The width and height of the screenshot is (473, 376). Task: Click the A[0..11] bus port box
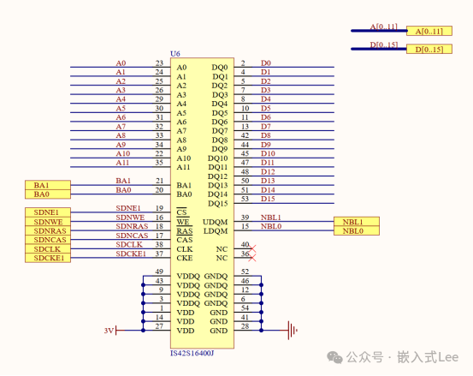[428, 32]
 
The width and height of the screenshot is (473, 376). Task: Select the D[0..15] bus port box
[428, 50]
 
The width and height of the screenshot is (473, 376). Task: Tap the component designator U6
[176, 53]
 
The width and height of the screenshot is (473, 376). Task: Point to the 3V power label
[108, 330]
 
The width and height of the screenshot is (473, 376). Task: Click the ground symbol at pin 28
[293, 329]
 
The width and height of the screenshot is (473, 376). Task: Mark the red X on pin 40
[250, 245]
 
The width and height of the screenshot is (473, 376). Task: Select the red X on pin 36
[250, 254]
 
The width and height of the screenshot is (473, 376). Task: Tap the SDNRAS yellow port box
[49, 230]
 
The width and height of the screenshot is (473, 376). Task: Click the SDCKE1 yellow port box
[49, 258]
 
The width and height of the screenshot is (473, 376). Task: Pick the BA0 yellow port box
[49, 194]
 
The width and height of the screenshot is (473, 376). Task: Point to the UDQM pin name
[216, 222]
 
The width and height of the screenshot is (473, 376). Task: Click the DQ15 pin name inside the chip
[218, 203]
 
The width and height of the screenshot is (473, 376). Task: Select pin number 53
[245, 199]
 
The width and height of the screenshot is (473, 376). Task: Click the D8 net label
[266, 135]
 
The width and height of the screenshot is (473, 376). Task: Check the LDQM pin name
[216, 230]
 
